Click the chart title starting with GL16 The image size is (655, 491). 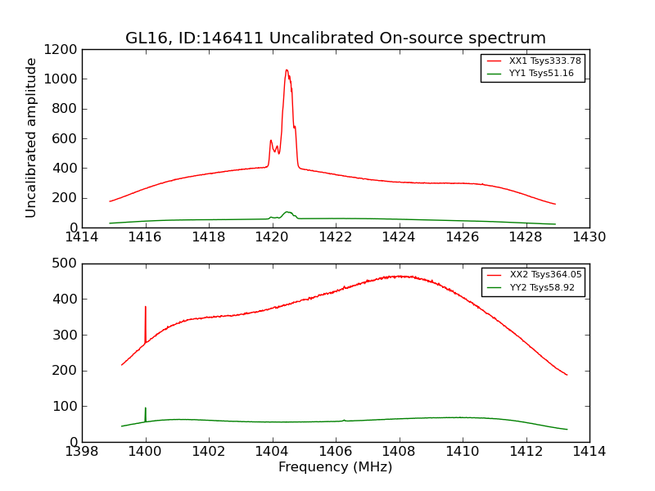(335, 38)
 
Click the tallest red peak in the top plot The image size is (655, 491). (287, 70)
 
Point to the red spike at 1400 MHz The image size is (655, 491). (146, 309)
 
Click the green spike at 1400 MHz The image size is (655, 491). (146, 409)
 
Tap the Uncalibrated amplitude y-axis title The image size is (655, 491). (31, 137)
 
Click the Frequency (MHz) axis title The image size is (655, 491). (335, 467)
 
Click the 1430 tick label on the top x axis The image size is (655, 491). (589, 237)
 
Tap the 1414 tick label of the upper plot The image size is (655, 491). (82, 237)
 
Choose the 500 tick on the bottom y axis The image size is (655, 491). (65, 264)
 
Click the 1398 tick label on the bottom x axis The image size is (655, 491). (82, 452)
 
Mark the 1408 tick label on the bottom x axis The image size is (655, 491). (399, 452)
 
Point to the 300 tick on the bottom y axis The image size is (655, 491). (65, 335)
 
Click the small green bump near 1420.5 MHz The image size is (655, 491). (287, 213)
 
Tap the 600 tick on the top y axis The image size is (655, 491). (65, 138)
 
